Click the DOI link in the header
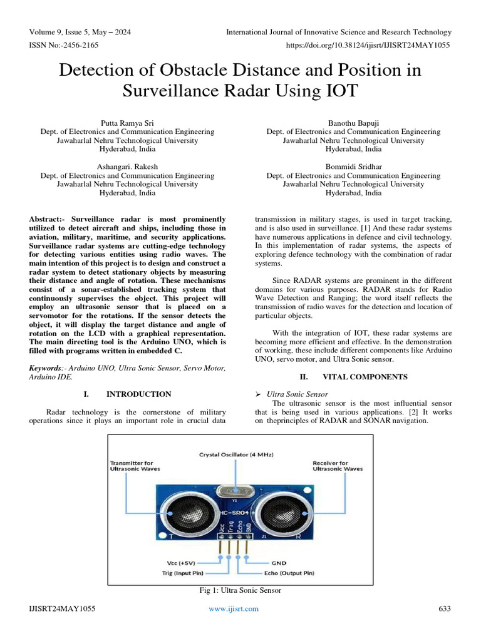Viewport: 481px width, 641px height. point(368,45)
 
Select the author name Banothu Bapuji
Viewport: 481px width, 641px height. point(353,123)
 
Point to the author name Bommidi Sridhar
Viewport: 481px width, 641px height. point(353,167)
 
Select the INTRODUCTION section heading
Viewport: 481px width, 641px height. point(138,394)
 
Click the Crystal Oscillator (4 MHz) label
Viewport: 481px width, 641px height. point(237,454)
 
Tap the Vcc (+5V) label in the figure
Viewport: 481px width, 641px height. point(186,563)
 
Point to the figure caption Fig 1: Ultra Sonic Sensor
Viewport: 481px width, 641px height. point(240,590)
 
